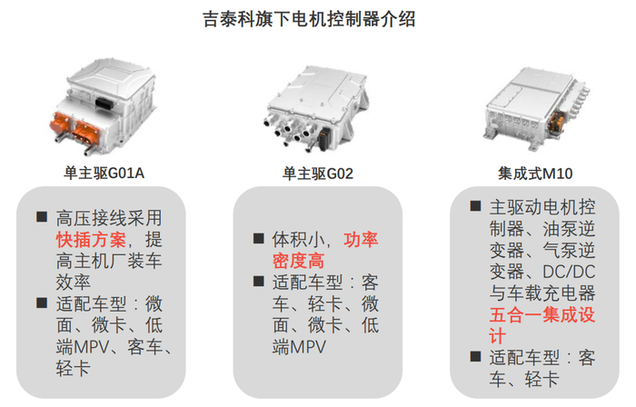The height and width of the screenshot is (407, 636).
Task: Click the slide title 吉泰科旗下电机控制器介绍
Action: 309,19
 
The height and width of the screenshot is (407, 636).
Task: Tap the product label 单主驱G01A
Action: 104,174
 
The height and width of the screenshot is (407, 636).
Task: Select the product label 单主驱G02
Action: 318,174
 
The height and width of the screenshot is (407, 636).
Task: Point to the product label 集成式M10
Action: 535,174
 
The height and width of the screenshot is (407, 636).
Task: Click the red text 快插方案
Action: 91,240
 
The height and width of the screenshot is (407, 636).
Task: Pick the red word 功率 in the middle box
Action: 361,240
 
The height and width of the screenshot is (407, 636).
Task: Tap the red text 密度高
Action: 299,261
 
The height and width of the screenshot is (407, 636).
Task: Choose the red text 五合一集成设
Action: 542,315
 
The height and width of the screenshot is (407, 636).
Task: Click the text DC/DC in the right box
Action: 569,272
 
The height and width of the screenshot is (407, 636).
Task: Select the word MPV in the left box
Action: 92,347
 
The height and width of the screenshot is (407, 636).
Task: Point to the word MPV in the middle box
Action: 308,347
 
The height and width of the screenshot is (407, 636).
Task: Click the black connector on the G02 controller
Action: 324,139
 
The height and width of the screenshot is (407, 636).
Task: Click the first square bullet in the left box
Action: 42,216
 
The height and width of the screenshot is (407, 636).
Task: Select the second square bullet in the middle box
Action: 258,281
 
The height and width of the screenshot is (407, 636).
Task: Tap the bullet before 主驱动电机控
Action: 475,206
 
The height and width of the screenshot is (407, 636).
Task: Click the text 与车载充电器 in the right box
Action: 542,293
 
